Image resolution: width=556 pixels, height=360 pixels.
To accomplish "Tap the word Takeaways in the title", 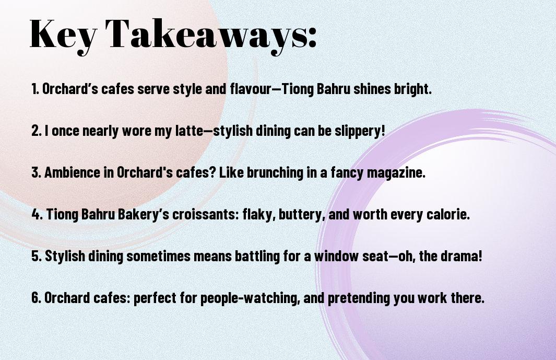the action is pos(206,34).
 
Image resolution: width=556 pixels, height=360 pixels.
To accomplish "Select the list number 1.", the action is pos(35,89).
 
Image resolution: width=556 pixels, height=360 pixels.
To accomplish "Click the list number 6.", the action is pos(37,297).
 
